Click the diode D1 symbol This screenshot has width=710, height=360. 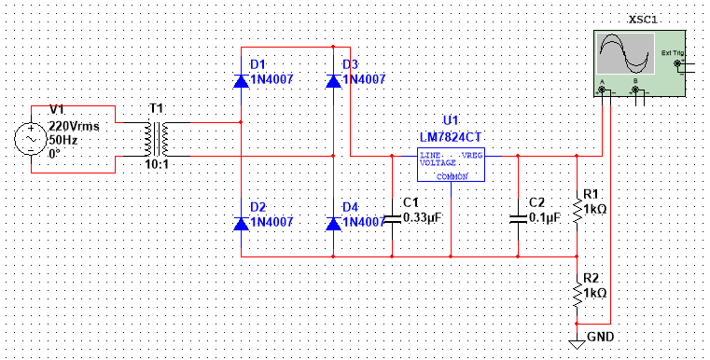click(241, 80)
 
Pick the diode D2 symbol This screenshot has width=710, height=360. click(241, 223)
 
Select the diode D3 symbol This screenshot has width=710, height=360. click(333, 80)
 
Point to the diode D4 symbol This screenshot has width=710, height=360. click(333, 223)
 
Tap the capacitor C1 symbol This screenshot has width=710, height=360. click(392, 218)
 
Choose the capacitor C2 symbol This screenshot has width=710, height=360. click(518, 218)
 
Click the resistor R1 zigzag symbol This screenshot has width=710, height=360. click(578, 211)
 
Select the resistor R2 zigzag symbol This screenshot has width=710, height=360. click(578, 294)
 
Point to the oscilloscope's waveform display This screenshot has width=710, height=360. click(625, 54)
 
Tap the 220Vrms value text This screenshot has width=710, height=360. click(74, 124)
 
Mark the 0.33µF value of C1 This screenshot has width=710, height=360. click(422, 217)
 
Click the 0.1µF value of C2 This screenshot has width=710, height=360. click(544, 217)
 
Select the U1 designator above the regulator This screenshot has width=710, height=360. click(451, 120)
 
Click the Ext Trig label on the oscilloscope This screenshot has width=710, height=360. click(671, 52)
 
